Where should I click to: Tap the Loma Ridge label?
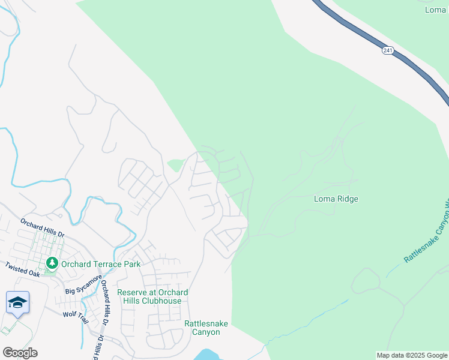[336, 199]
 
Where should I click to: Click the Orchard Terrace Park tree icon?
[52, 263]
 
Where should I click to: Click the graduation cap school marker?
[17, 302]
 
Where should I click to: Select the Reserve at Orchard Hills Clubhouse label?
[152, 296]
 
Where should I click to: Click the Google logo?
[20, 352]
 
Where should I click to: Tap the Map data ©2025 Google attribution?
[412, 355]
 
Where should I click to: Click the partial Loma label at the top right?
[436, 10]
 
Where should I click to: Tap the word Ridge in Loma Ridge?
[348, 199]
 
